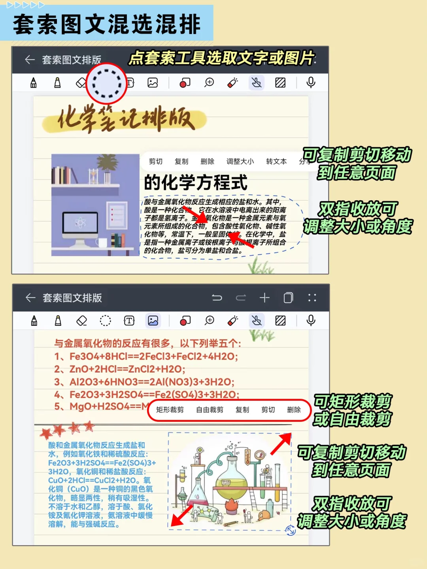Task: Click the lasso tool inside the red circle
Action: (106, 83)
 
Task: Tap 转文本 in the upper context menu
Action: (276, 161)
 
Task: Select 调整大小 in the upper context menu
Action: (240, 161)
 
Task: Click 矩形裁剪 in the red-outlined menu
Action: (170, 410)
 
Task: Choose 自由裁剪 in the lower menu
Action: (210, 410)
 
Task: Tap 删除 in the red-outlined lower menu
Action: (294, 410)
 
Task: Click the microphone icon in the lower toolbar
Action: (311, 320)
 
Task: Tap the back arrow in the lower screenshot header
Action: (30, 298)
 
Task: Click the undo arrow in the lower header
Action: (217, 298)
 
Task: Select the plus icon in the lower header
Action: (265, 298)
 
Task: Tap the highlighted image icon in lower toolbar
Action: (153, 320)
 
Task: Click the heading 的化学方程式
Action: (195, 183)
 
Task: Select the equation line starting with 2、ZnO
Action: (119, 369)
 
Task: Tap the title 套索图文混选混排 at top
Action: (107, 24)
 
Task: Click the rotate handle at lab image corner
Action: (291, 531)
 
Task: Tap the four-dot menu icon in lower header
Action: (312, 298)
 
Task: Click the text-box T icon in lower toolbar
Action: (129, 320)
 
